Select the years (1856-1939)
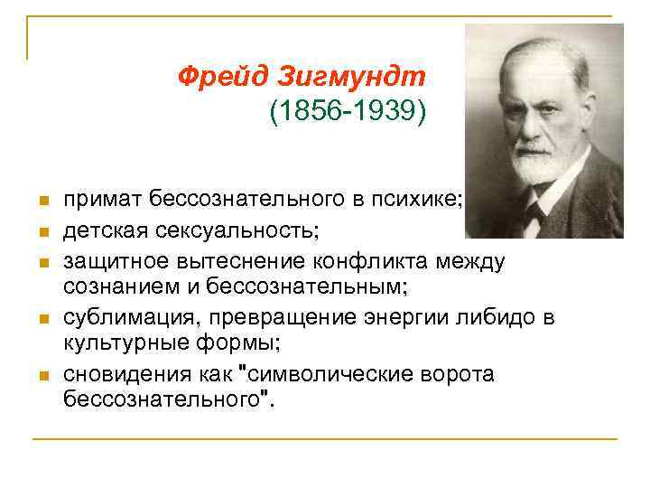(x=346, y=113)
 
